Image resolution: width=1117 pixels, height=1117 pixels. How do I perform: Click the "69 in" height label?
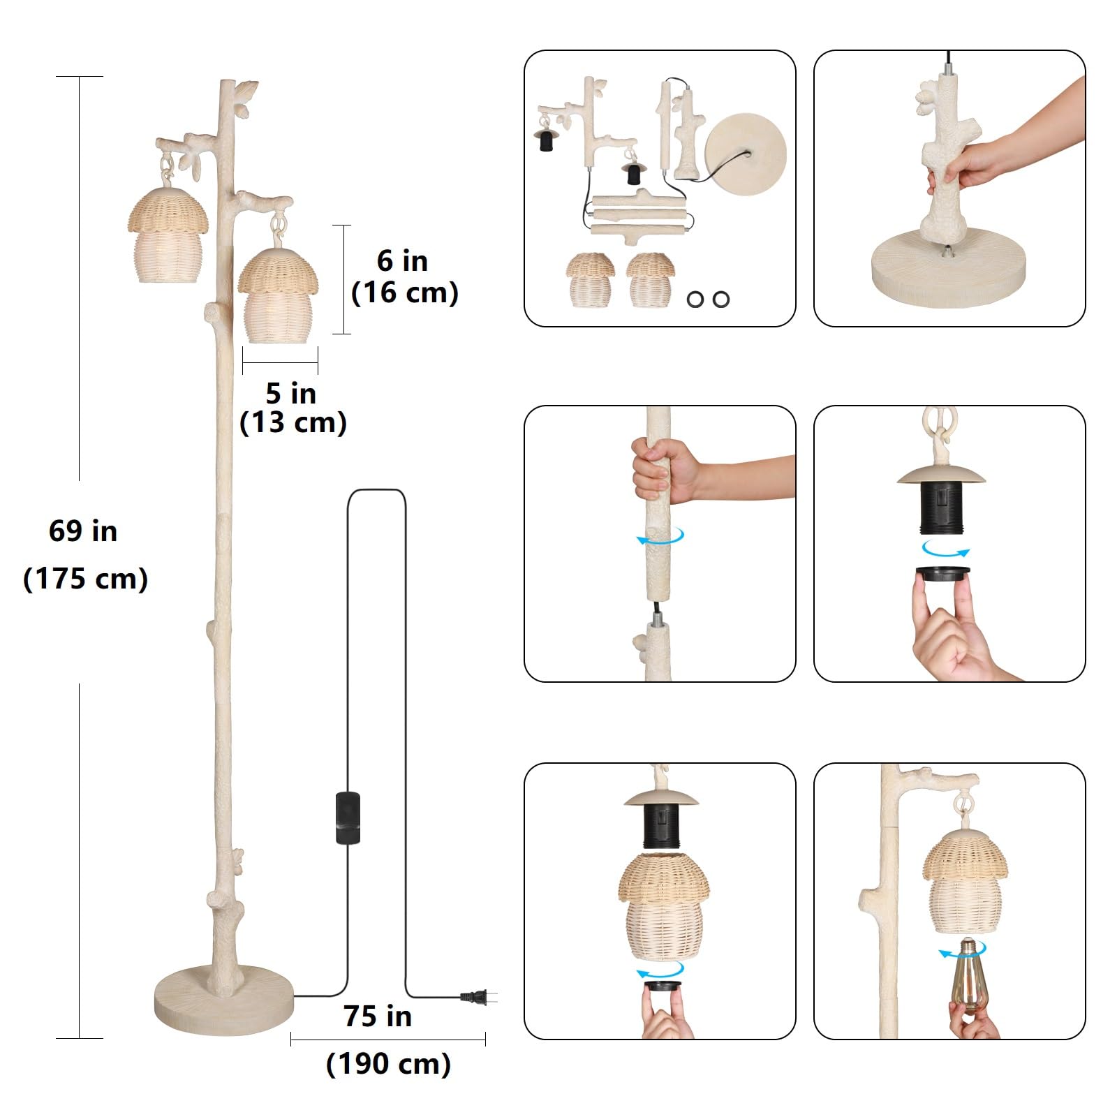83,531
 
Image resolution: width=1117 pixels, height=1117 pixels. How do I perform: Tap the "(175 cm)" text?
85,579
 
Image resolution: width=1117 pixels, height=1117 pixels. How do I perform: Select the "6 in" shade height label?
403,261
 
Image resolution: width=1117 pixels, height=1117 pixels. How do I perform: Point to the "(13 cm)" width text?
293,423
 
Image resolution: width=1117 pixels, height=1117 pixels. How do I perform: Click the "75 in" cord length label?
378,1016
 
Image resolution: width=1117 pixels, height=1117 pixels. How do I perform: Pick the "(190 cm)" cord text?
389,1064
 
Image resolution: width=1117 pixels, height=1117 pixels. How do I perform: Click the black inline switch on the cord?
348,818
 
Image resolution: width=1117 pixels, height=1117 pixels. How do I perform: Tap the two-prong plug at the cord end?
478,998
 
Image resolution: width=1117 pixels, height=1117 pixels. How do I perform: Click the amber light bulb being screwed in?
970,972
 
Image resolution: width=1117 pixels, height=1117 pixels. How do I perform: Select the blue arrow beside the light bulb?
962,950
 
